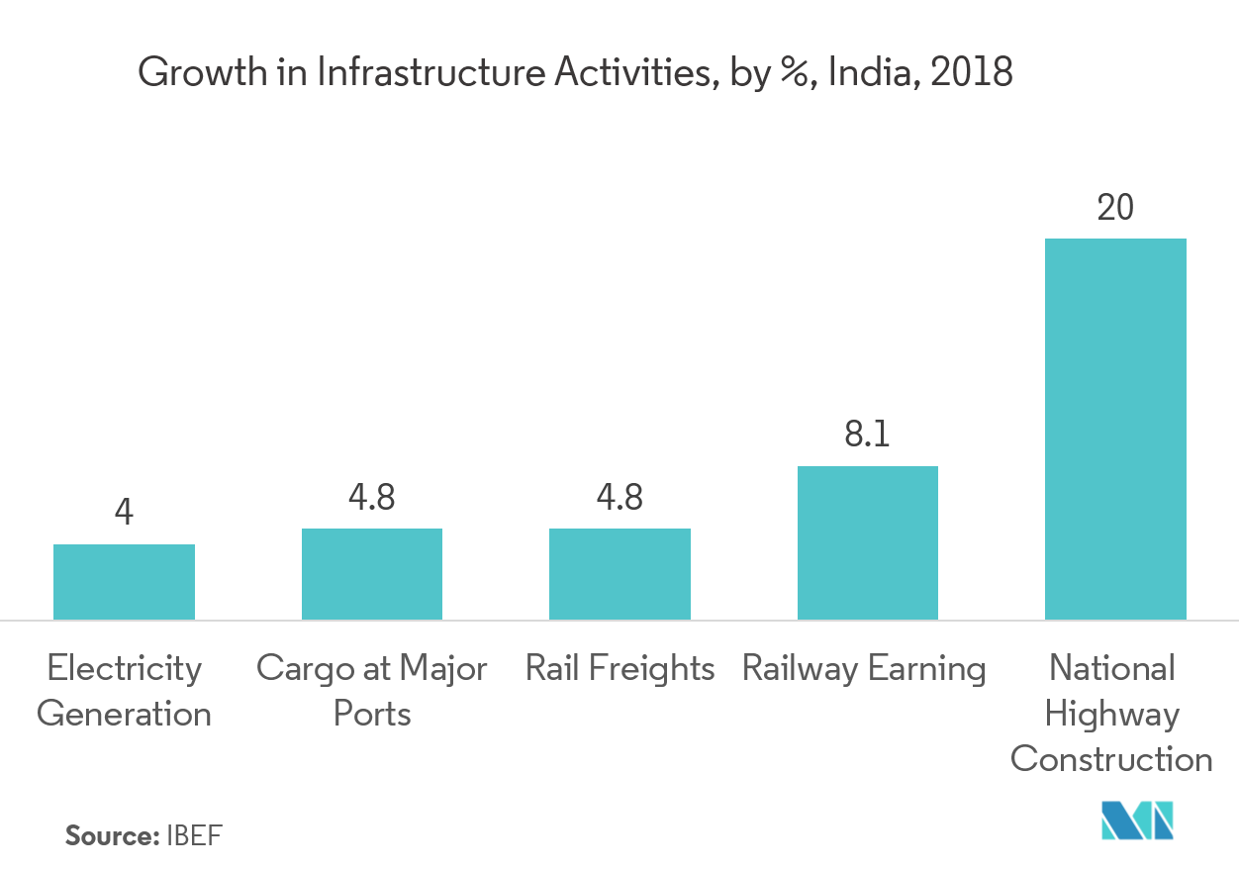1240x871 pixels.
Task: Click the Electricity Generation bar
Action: pyautogui.click(x=124, y=582)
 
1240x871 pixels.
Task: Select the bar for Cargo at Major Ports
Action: pyautogui.click(x=372, y=574)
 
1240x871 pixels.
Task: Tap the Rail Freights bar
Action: pyautogui.click(x=620, y=574)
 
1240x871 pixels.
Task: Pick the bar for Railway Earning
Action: pyautogui.click(x=868, y=542)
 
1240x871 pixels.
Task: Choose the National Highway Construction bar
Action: pyautogui.click(x=1115, y=429)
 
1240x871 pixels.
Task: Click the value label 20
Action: pyautogui.click(x=1115, y=208)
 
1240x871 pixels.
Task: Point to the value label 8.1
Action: pyautogui.click(x=868, y=435)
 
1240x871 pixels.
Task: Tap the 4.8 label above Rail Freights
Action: pyautogui.click(x=620, y=498)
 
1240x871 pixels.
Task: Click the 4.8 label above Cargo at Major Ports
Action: pyautogui.click(x=372, y=498)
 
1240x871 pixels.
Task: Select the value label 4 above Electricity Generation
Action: pyautogui.click(x=124, y=514)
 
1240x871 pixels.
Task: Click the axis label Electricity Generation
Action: pyautogui.click(x=124, y=691)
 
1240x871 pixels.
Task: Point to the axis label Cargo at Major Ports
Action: pyautogui.click(x=372, y=691)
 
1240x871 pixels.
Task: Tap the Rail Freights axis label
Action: pyautogui.click(x=620, y=669)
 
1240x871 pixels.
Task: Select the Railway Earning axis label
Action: pyautogui.click(x=864, y=669)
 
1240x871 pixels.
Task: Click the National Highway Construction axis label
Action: pyautogui.click(x=1111, y=714)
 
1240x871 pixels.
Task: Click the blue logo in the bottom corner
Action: pyautogui.click(x=1138, y=822)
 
